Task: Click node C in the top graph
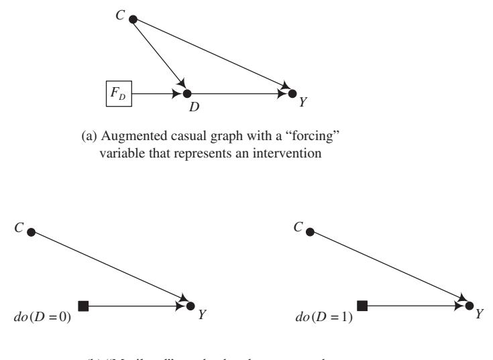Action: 133,19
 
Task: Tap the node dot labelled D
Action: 187,93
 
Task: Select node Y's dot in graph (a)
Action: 292,93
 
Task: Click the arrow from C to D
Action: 160,56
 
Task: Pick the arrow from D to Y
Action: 239,93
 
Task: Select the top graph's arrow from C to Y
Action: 212,56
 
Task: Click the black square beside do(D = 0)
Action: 83,306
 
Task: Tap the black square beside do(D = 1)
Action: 362,306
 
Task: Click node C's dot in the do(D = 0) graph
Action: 30,232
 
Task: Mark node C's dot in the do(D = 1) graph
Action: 309,232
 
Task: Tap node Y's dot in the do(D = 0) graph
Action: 190,306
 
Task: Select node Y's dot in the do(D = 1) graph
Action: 469,306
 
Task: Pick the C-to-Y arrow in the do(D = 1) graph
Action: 389,269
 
